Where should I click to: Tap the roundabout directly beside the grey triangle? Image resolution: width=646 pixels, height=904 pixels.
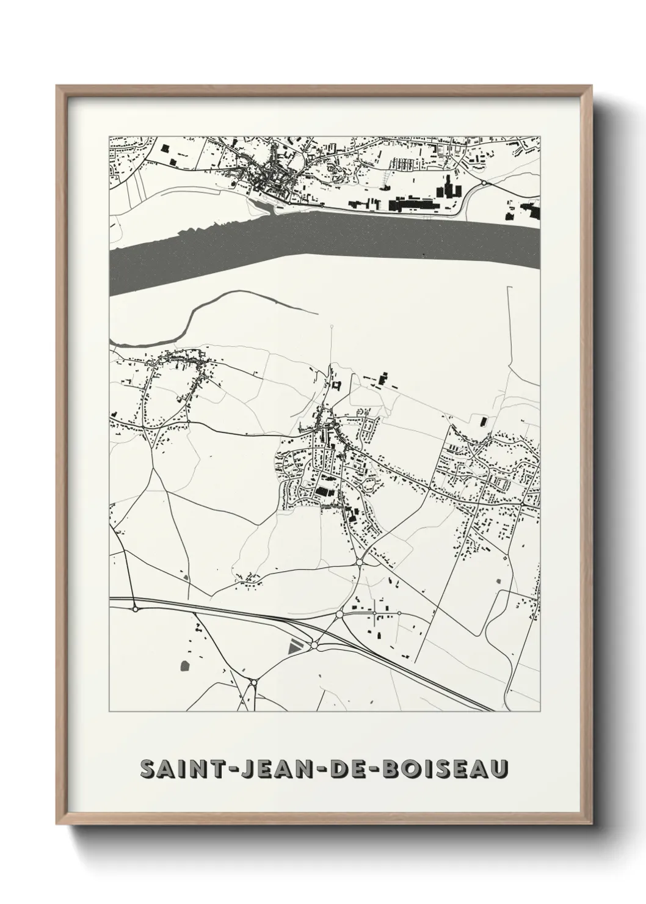pos(314,644)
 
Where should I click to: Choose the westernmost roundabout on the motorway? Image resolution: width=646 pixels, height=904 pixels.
pos(134,608)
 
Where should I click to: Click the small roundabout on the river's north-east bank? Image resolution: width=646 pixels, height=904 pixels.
pos(483,183)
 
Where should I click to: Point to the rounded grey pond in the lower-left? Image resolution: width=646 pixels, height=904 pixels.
pos(184,664)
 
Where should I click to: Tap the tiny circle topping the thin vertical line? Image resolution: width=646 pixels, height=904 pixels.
pos(332,327)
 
